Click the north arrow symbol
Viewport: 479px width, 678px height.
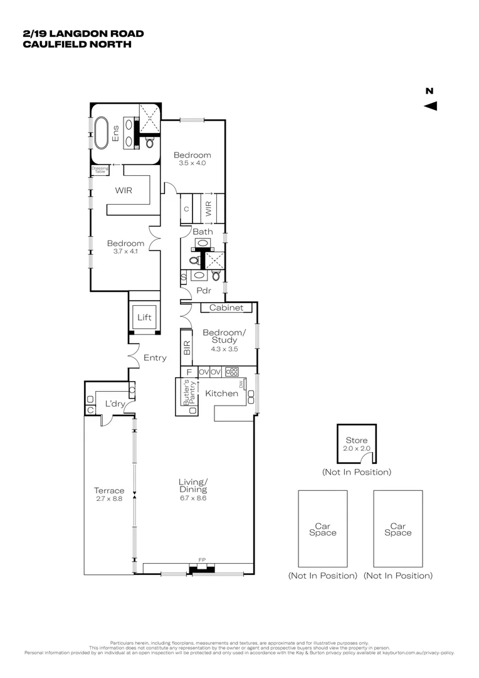(x=430, y=106)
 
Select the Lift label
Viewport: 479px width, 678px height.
(x=144, y=318)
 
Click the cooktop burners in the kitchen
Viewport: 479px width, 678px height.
(x=232, y=372)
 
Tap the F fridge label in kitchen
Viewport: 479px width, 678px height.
(x=189, y=372)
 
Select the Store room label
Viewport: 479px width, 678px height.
(x=357, y=441)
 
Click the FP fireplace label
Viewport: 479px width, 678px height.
(x=202, y=558)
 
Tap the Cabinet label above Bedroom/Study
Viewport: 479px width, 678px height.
(x=226, y=308)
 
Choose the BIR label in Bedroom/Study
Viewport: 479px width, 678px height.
(x=187, y=349)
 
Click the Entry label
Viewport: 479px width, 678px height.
(x=155, y=358)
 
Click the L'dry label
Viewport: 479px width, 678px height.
(x=113, y=404)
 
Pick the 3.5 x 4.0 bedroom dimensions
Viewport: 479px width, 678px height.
(x=192, y=163)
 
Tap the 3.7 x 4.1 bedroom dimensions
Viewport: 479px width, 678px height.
(x=125, y=252)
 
